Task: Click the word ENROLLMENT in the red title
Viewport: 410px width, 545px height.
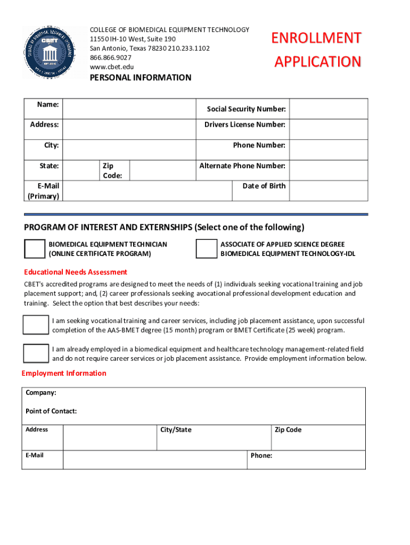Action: (x=316, y=38)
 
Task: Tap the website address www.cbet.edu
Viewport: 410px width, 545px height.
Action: (x=112, y=67)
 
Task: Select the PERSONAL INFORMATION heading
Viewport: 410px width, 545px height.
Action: (x=140, y=78)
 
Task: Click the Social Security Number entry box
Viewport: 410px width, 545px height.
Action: (x=328, y=109)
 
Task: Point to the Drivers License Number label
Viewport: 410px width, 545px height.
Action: (x=244, y=125)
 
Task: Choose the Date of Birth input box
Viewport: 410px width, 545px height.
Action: (x=328, y=191)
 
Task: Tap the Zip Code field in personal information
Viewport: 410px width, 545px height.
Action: (x=162, y=170)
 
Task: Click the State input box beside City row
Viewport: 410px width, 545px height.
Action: (x=80, y=170)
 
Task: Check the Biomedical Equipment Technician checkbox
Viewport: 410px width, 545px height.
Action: (x=35, y=249)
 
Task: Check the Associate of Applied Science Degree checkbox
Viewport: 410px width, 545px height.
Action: (x=206, y=249)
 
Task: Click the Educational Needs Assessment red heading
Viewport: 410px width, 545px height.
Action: (x=76, y=272)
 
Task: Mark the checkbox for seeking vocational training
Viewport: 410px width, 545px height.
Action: (x=36, y=325)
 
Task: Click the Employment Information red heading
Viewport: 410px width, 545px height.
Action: (x=64, y=373)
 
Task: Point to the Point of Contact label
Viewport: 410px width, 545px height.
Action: (x=51, y=411)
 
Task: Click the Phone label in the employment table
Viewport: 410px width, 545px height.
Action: (x=261, y=456)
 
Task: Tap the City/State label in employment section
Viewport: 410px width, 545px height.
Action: (x=176, y=430)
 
